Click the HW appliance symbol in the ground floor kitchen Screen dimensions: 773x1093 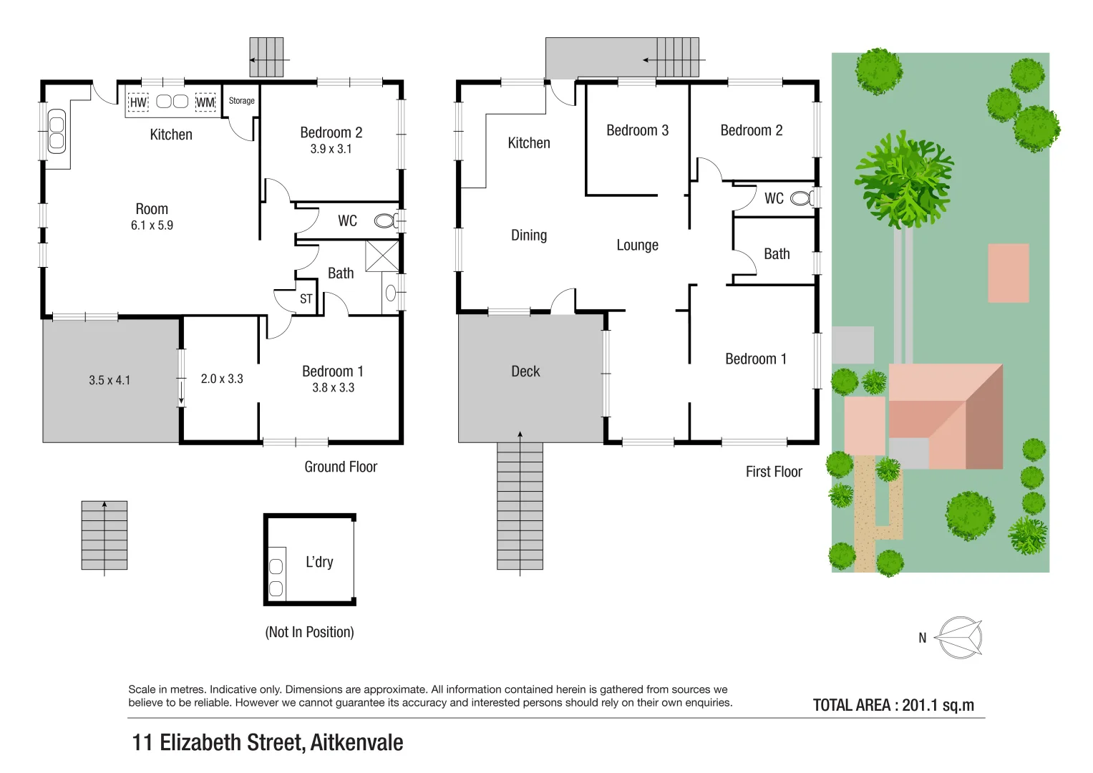point(138,102)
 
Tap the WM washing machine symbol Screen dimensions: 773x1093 point(205,102)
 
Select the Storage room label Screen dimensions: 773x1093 point(241,101)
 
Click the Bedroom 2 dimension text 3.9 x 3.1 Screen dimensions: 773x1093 point(331,149)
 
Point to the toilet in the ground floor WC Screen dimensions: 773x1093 point(385,221)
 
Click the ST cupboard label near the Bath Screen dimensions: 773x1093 point(306,299)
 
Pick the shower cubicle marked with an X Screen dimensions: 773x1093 point(382,256)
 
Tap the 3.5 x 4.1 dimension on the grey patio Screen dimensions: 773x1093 point(110,380)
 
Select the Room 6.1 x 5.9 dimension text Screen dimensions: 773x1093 point(152,225)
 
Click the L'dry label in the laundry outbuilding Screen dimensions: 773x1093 point(319,562)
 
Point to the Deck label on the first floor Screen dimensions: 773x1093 point(525,371)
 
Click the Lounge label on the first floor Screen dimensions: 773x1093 point(637,245)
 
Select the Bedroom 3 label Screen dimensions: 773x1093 point(637,130)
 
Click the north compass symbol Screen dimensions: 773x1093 point(959,637)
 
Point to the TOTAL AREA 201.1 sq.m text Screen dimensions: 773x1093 point(893,705)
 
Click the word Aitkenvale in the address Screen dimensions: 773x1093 point(356,743)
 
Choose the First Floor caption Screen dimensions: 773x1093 point(773,472)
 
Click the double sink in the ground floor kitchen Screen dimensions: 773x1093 point(56,131)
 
